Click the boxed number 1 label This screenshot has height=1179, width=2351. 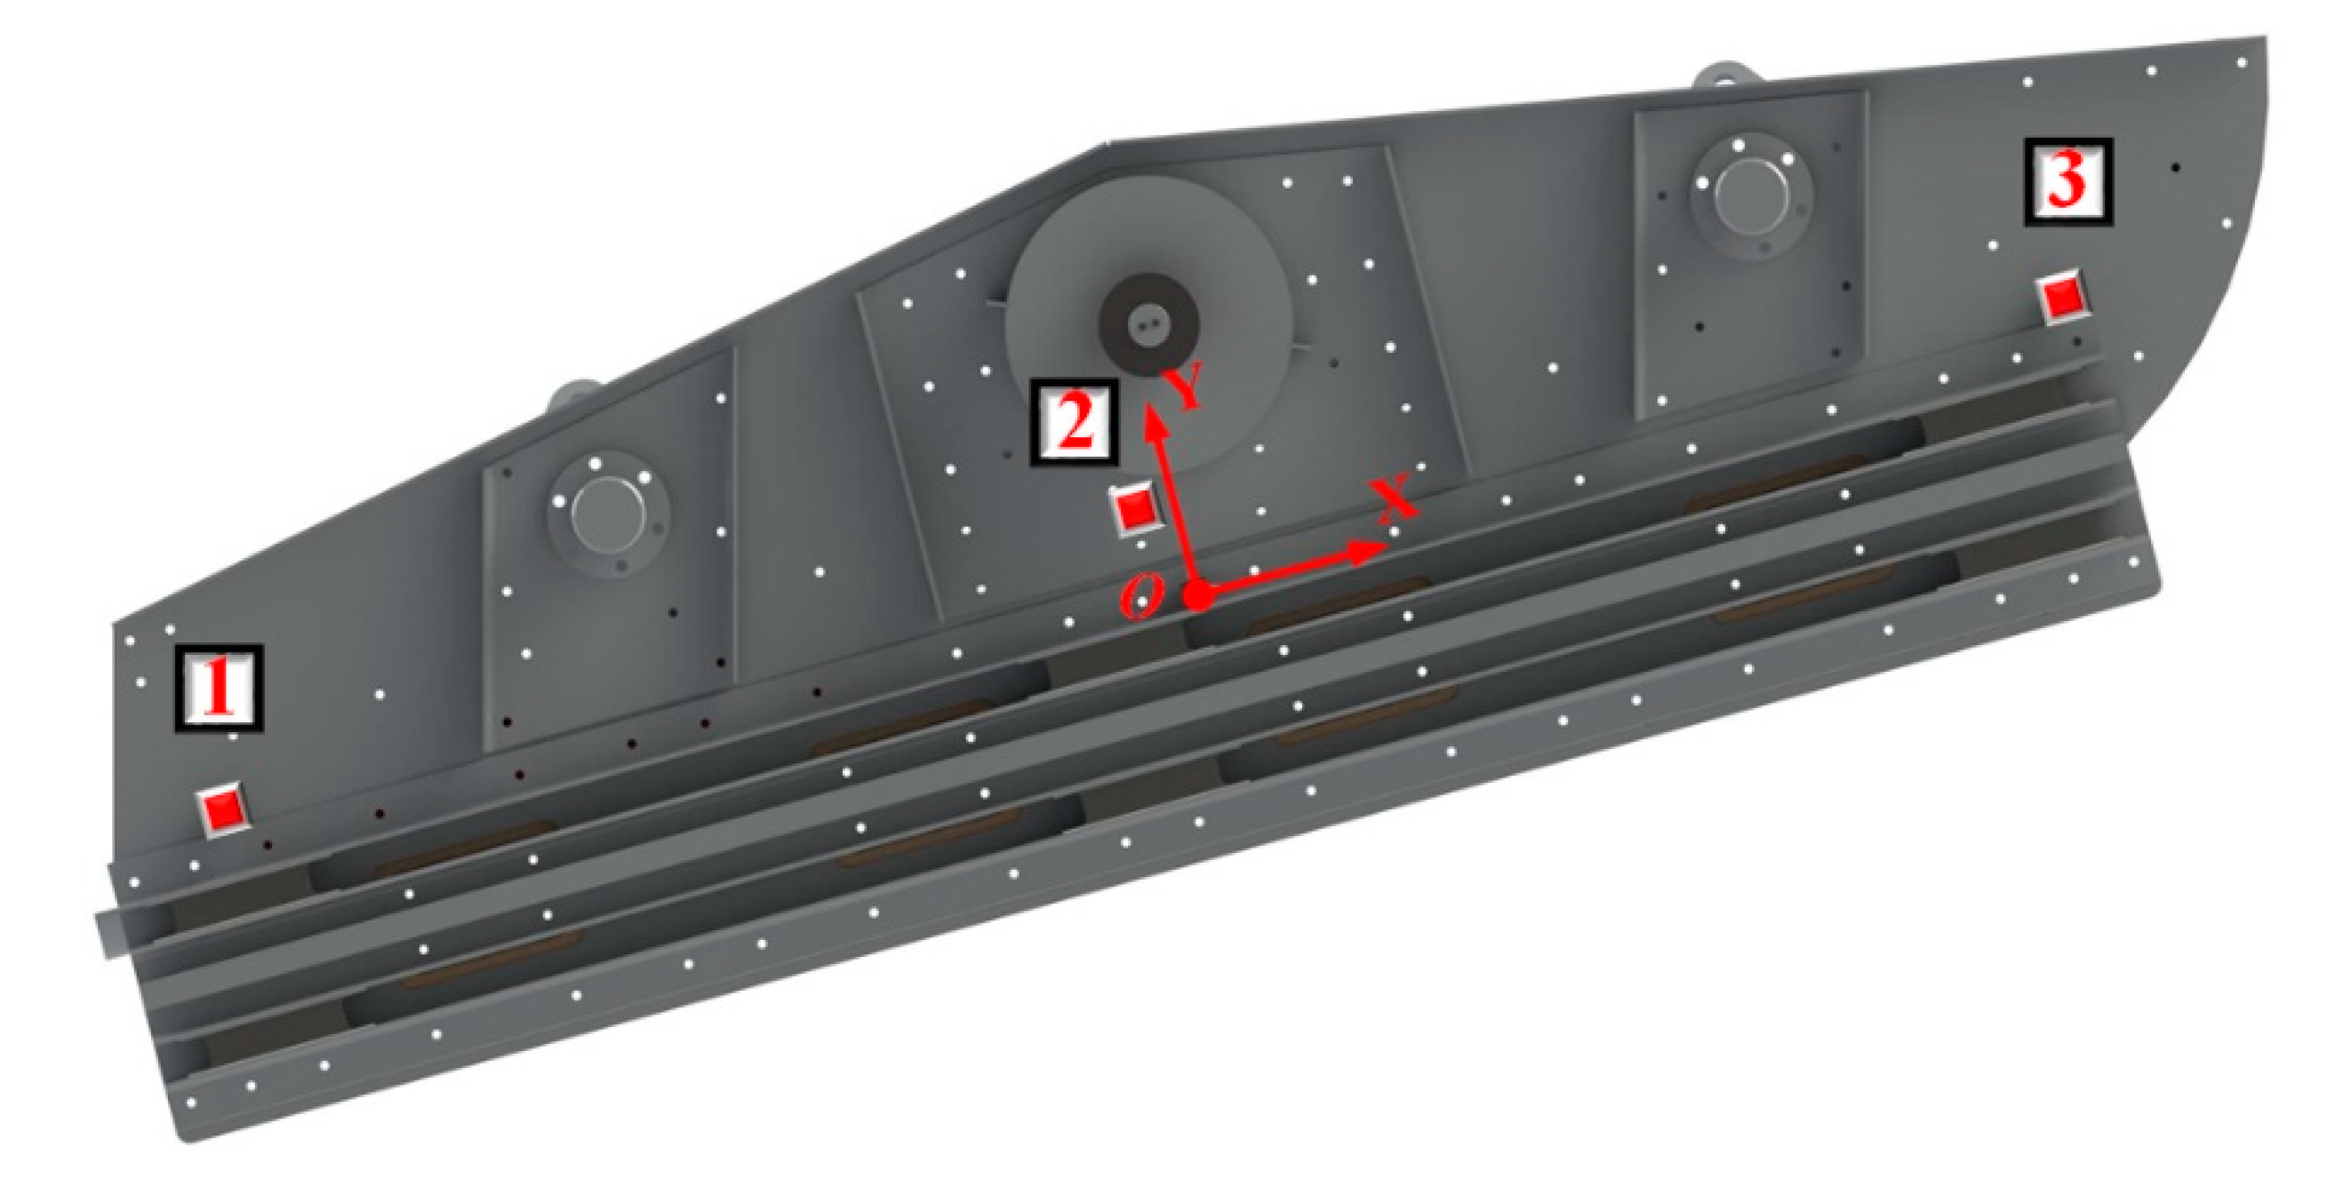(x=219, y=688)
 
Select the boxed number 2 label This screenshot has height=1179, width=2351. (x=1075, y=423)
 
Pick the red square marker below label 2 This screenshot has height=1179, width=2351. (x=1134, y=509)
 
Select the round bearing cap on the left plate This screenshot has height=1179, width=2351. (x=609, y=513)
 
